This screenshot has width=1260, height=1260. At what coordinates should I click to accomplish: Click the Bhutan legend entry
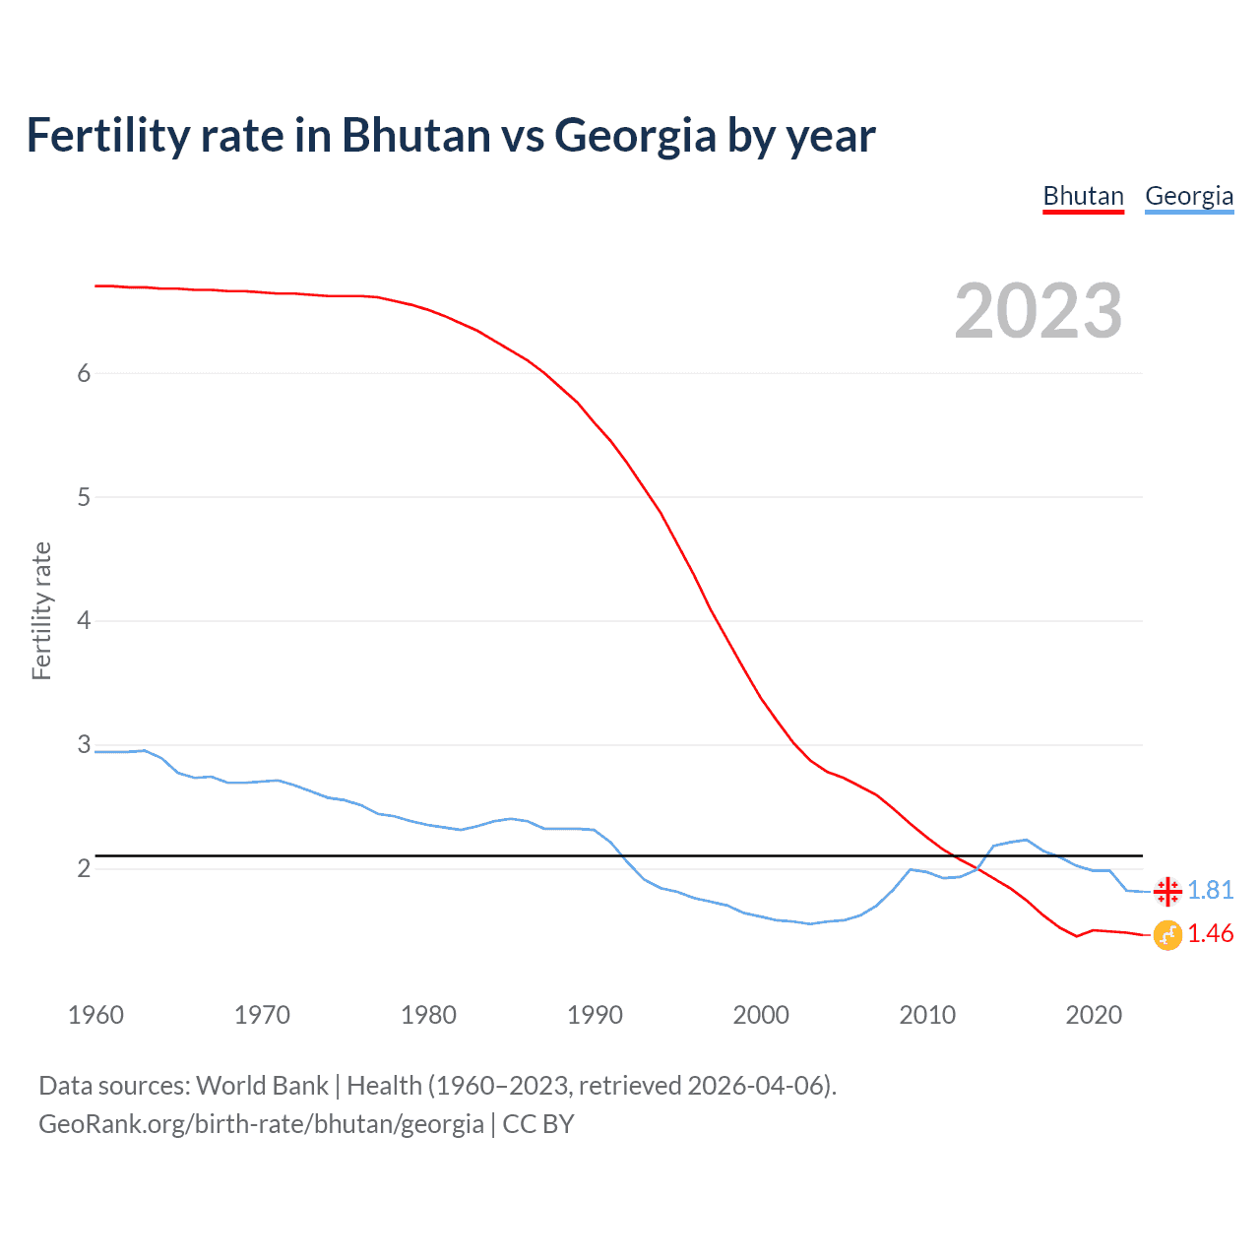[x=1083, y=196]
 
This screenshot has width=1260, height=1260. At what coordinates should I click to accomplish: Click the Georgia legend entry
[x=1189, y=196]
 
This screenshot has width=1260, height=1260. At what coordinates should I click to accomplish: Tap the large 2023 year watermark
[x=1039, y=311]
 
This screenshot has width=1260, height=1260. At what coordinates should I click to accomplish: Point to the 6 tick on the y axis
[x=84, y=373]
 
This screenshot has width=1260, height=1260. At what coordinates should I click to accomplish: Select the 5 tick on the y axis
[x=84, y=497]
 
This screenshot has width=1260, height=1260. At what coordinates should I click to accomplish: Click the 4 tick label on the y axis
[x=84, y=621]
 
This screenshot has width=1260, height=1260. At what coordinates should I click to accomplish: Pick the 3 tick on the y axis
[x=84, y=745]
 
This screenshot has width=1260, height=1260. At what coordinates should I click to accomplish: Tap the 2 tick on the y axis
[x=84, y=868]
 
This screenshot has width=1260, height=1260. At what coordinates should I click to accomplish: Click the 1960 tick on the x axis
[x=95, y=1015]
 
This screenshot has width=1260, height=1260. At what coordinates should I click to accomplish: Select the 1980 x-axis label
[x=428, y=1015]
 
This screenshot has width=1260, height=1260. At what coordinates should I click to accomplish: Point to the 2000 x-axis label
[x=761, y=1015]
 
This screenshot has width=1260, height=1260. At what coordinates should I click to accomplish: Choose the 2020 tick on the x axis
[x=1094, y=1015]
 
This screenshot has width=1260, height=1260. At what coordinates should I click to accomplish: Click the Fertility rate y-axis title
[x=41, y=610]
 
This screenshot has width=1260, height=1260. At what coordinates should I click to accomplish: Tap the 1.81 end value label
[x=1210, y=890]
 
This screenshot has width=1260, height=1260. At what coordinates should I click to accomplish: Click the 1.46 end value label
[x=1210, y=933]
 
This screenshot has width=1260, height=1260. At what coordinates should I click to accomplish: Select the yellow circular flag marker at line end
[x=1167, y=935]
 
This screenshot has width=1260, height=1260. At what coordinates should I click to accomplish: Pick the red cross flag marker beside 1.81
[x=1167, y=892]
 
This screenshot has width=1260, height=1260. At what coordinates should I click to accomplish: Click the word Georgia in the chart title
[x=635, y=136]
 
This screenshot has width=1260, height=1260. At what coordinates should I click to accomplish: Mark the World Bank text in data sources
[x=262, y=1086]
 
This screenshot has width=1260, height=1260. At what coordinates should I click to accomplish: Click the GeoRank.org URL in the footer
[x=261, y=1124]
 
